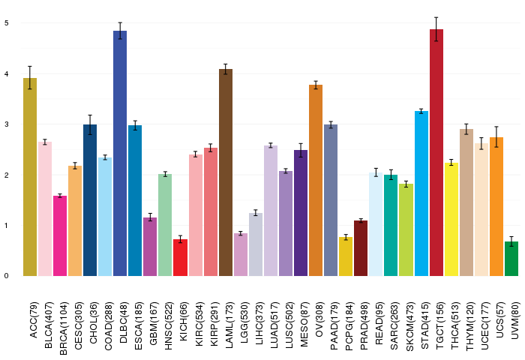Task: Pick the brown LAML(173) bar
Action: point(226,172)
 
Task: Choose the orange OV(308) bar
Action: point(316,181)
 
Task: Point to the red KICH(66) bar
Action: point(180,258)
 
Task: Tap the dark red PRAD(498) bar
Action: point(361,248)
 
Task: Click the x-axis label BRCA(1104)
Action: point(63,319)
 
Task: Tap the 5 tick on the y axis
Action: point(6,22)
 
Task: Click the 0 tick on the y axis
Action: point(6,276)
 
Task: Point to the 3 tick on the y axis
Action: point(6,124)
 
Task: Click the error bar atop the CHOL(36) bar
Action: point(90,124)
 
